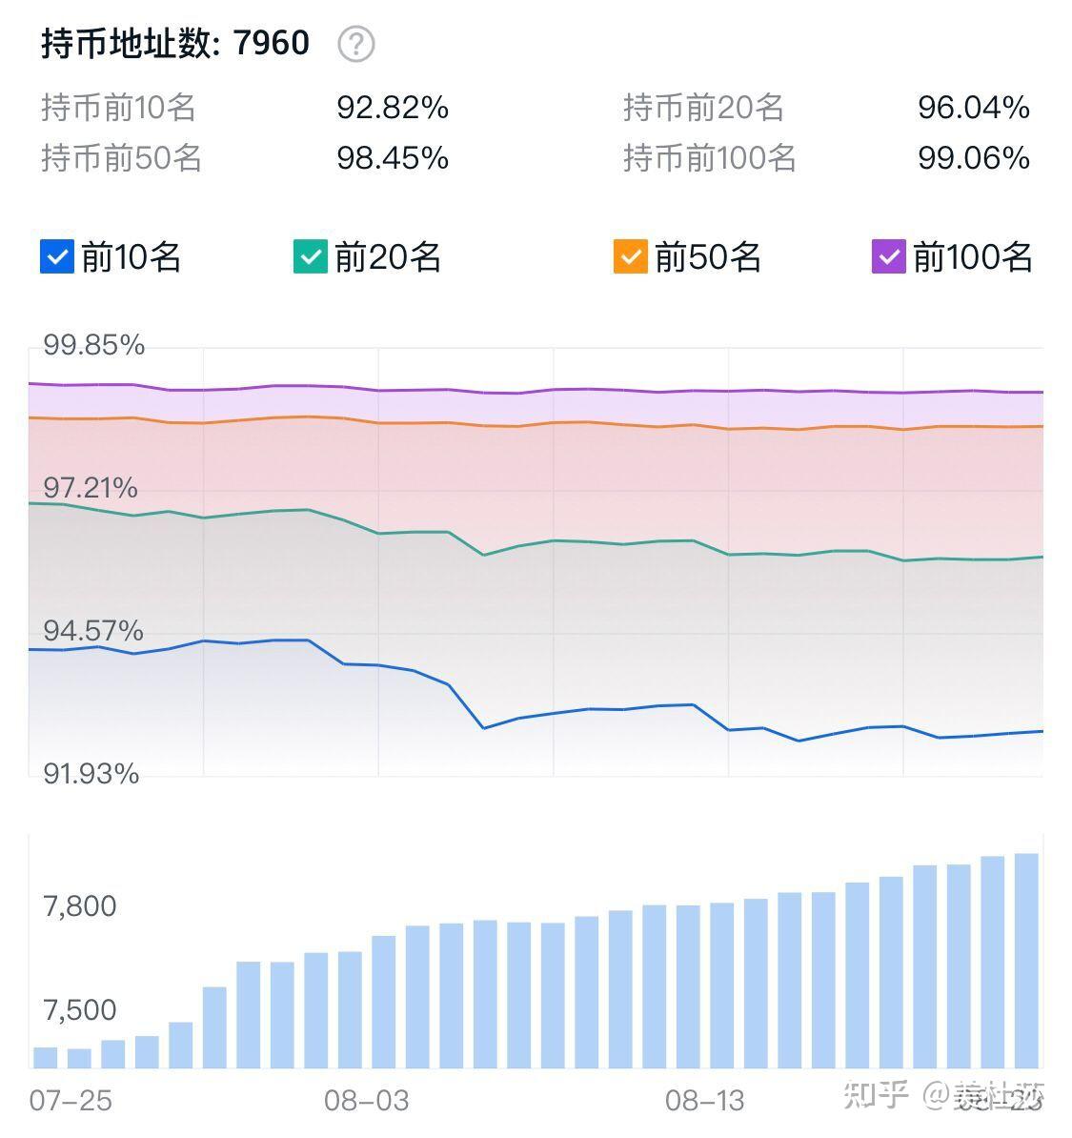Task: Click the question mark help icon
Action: (x=356, y=44)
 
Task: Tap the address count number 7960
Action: (x=272, y=43)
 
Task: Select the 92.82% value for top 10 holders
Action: (x=393, y=108)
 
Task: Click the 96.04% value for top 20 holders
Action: (x=973, y=108)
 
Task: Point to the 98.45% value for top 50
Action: (x=393, y=157)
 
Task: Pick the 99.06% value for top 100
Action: (x=973, y=157)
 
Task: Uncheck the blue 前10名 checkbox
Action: (x=57, y=256)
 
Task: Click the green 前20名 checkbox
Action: (x=310, y=256)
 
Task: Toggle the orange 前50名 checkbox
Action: (x=630, y=256)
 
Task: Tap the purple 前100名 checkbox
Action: (x=888, y=256)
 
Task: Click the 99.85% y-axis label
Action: (x=93, y=344)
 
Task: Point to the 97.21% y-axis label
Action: (x=91, y=488)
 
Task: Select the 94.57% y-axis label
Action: (x=93, y=630)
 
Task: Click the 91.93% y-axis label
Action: (x=91, y=773)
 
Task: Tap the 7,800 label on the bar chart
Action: (x=80, y=905)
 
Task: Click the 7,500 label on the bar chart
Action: (x=80, y=1009)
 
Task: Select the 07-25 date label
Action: (x=71, y=1101)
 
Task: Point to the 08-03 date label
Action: (x=366, y=1101)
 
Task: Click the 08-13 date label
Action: (x=704, y=1101)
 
